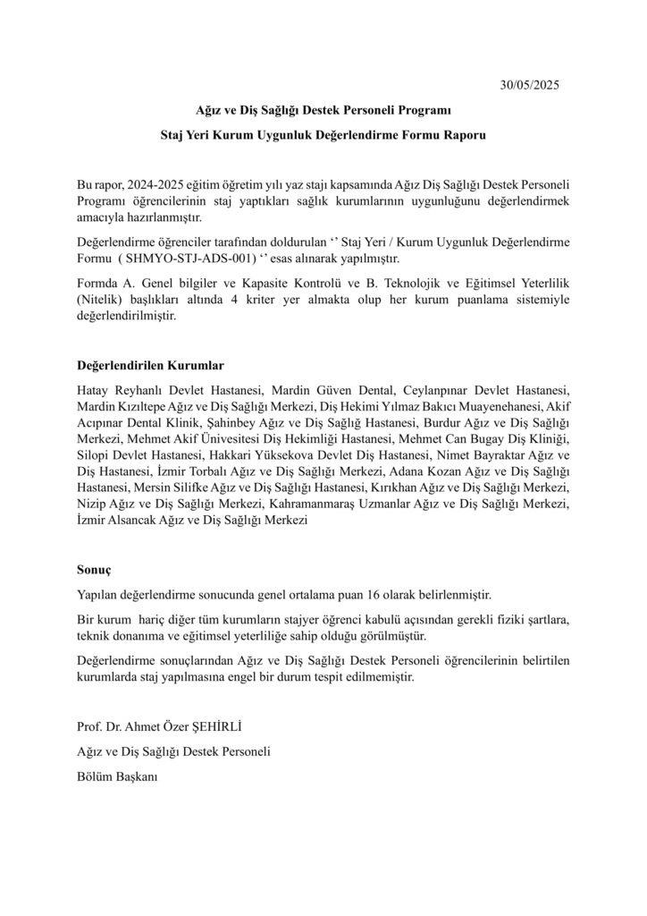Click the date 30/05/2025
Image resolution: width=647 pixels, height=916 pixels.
[x=528, y=86]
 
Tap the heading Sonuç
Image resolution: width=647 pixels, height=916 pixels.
[x=95, y=568]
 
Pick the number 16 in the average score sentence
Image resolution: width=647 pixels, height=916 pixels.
[x=373, y=594]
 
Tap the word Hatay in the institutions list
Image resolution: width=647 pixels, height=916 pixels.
[x=95, y=391]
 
